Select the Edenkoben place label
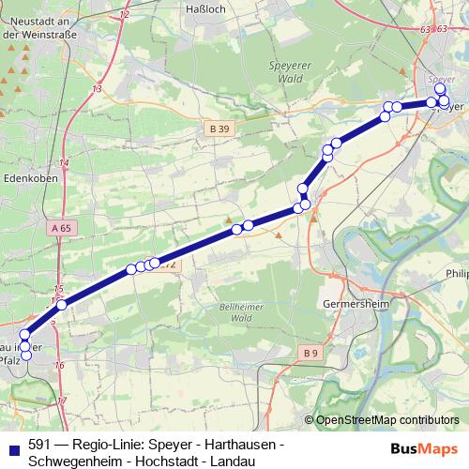(x=32, y=174)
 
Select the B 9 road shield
(x=312, y=351)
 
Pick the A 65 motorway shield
(x=63, y=228)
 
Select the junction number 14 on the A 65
(x=64, y=162)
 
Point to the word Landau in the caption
(x=229, y=461)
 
